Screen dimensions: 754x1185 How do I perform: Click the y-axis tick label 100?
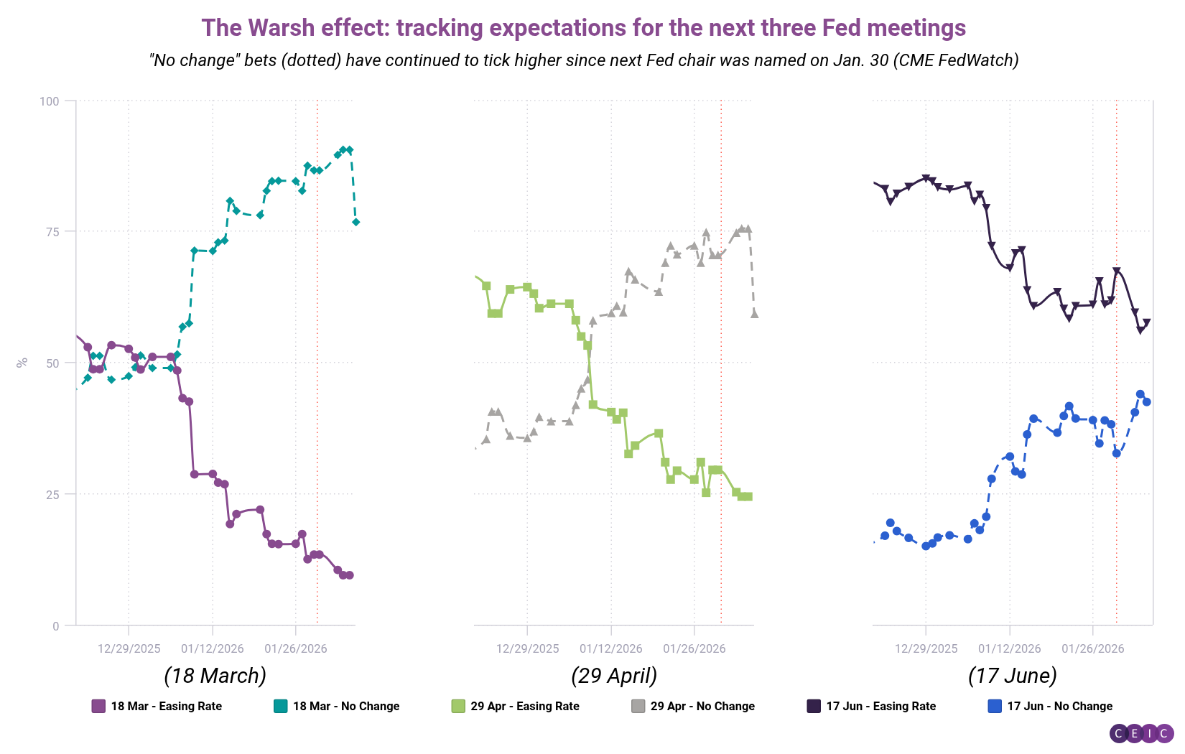pyautogui.click(x=49, y=101)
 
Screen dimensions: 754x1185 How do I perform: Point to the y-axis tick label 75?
pyautogui.click(x=52, y=232)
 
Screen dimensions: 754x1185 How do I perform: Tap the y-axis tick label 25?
pyautogui.click(x=52, y=494)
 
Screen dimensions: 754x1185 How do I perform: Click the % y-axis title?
pyautogui.click(x=22, y=363)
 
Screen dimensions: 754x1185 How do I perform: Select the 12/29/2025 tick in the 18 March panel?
pyautogui.click(x=129, y=648)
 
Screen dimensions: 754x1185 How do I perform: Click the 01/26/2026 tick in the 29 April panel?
pyautogui.click(x=694, y=648)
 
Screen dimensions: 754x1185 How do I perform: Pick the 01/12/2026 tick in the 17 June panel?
pyautogui.click(x=1009, y=648)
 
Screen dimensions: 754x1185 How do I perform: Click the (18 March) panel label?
pyautogui.click(x=215, y=676)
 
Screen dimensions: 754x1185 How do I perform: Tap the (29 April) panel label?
pyautogui.click(x=614, y=676)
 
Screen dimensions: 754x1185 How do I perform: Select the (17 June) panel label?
pyautogui.click(x=1012, y=676)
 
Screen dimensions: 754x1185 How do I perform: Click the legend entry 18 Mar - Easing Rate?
pyautogui.click(x=166, y=707)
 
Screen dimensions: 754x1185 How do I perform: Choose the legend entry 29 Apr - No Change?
pyautogui.click(x=702, y=707)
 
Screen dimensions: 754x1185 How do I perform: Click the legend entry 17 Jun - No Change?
pyautogui.click(x=1059, y=707)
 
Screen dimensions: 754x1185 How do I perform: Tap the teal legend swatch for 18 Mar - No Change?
pyautogui.click(x=281, y=707)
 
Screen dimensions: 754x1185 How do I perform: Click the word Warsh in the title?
pyautogui.click(x=281, y=28)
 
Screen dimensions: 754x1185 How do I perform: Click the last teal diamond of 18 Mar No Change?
pyautogui.click(x=355, y=223)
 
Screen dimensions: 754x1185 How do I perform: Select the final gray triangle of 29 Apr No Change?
pyautogui.click(x=755, y=314)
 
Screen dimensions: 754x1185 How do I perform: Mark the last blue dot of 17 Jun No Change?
pyautogui.click(x=1147, y=402)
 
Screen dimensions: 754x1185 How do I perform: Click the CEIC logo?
pyautogui.click(x=1142, y=733)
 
